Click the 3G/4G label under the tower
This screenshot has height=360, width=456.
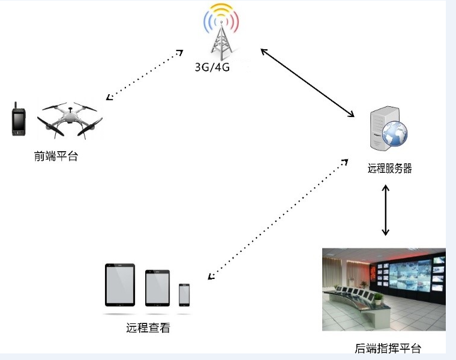212,68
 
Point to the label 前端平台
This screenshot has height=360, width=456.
56,157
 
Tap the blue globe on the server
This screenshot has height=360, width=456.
395,133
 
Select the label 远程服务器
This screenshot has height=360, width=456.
389,169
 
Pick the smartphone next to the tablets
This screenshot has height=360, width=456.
184,295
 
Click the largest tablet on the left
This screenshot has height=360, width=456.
120,284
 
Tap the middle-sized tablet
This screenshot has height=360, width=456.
158,288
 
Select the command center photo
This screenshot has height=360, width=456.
383,289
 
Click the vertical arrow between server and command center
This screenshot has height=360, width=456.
386,210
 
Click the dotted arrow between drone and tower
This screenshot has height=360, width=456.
144,75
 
